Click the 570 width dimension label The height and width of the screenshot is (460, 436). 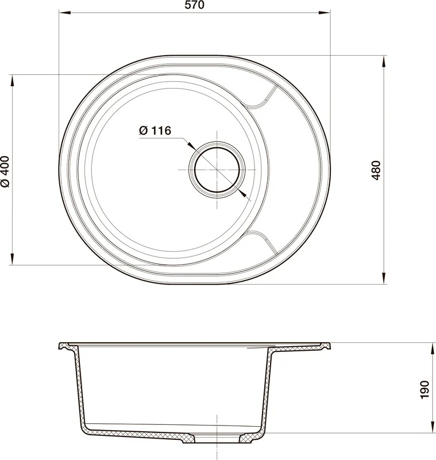click(195, 5)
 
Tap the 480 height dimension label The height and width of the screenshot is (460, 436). click(376, 170)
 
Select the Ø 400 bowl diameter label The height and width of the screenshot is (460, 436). click(5, 171)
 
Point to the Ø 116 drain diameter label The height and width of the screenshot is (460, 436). click(155, 131)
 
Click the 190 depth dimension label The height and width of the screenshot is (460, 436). click(425, 390)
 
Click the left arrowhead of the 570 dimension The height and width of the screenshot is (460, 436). click(65, 13)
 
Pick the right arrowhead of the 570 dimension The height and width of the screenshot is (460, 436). click(325, 13)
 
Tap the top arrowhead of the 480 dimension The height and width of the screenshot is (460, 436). click(384, 61)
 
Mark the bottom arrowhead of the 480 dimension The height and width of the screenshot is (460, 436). click(384, 278)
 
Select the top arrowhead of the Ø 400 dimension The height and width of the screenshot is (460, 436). click(12, 80)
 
